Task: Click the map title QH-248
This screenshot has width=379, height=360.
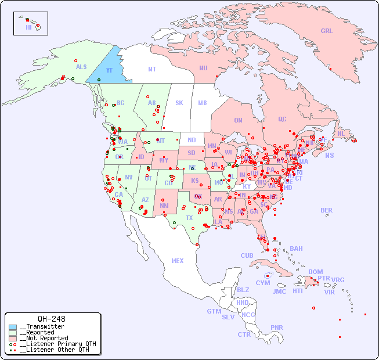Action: click(x=51, y=319)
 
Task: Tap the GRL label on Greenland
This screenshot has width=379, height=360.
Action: click(x=327, y=31)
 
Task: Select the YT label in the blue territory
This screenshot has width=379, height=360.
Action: click(x=109, y=70)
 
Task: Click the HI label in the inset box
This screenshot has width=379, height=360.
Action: click(x=28, y=27)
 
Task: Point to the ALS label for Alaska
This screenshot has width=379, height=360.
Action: click(x=81, y=67)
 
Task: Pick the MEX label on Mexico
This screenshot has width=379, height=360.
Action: click(x=178, y=261)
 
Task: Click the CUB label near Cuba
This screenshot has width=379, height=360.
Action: click(x=247, y=255)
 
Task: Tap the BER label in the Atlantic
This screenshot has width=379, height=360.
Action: click(x=326, y=210)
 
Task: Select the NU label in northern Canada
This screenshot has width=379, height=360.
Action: click(x=203, y=68)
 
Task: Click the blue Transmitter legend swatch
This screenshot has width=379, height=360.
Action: click(x=13, y=327)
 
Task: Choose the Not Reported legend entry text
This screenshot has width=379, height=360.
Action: click(x=44, y=338)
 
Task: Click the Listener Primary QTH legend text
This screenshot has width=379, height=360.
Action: click(x=57, y=344)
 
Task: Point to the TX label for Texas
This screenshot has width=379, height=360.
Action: click(x=189, y=218)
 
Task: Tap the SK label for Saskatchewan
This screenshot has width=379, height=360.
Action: click(x=179, y=103)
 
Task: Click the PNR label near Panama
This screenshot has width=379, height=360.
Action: click(x=277, y=327)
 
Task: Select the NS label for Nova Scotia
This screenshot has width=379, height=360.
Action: click(x=329, y=155)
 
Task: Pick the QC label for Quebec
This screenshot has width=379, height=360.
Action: click(x=282, y=119)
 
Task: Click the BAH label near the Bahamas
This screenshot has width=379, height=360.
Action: click(x=296, y=249)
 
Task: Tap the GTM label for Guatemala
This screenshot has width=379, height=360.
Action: click(x=214, y=311)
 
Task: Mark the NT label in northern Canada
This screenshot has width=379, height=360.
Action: click(x=151, y=69)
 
